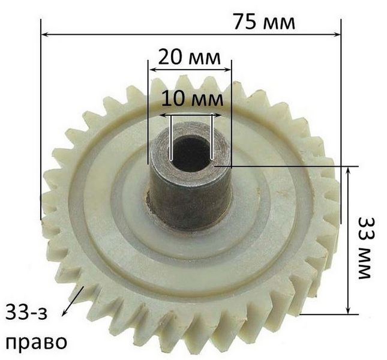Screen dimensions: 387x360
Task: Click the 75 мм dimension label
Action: pyautogui.click(x=264, y=22)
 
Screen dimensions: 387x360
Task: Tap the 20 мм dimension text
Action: pyautogui.click(x=190, y=58)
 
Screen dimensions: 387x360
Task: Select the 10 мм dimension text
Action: pyautogui.click(x=192, y=99)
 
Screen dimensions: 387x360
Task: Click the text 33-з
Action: pyautogui.click(x=26, y=311)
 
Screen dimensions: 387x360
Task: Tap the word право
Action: pyautogui.click(x=36, y=342)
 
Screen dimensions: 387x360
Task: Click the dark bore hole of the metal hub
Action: pyautogui.click(x=191, y=153)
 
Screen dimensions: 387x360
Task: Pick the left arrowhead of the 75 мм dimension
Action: pyautogui.click(x=44, y=35)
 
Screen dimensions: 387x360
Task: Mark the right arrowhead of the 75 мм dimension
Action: pyautogui.click(x=337, y=35)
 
